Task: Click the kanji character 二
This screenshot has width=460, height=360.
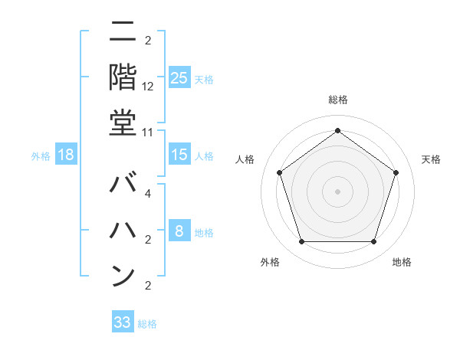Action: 123,34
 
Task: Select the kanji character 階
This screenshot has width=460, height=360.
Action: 123,77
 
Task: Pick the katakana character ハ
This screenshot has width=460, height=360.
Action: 123,230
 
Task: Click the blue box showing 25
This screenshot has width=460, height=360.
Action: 179,77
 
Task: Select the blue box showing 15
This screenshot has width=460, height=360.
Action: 179,155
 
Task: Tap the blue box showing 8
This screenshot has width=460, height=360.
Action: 179,231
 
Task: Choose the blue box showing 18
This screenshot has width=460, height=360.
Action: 66,155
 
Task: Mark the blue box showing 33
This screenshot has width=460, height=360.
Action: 123,322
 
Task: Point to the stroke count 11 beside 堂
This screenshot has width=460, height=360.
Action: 148,132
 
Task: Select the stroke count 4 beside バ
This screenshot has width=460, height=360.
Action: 148,193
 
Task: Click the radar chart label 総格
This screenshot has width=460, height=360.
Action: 337,100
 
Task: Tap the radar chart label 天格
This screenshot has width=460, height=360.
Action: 432,159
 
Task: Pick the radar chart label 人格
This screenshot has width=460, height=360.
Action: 245,159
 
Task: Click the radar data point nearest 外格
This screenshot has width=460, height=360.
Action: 301,242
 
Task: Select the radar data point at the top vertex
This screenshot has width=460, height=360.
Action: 337,130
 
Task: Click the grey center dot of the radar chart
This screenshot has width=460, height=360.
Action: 337,191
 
